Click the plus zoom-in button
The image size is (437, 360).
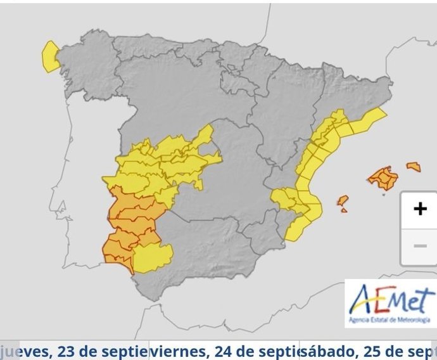tap(419, 209)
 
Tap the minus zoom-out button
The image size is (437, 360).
tap(419, 246)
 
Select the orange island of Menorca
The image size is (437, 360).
tap(414, 167)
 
